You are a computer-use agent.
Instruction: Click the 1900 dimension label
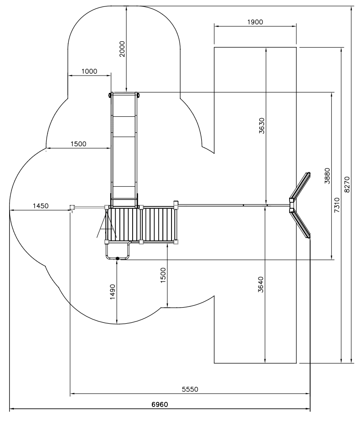click(255, 22)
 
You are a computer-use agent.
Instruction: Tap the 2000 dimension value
click(122, 49)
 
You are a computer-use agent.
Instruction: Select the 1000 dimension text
click(89, 71)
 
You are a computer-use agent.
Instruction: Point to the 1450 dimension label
click(41, 206)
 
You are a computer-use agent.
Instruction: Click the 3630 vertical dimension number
click(262, 126)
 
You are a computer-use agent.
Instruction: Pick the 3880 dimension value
click(327, 176)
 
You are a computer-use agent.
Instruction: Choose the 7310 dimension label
click(337, 205)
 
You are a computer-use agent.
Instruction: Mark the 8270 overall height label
click(347, 184)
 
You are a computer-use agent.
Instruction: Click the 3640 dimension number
click(261, 284)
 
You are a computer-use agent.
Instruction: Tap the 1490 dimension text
click(113, 292)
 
